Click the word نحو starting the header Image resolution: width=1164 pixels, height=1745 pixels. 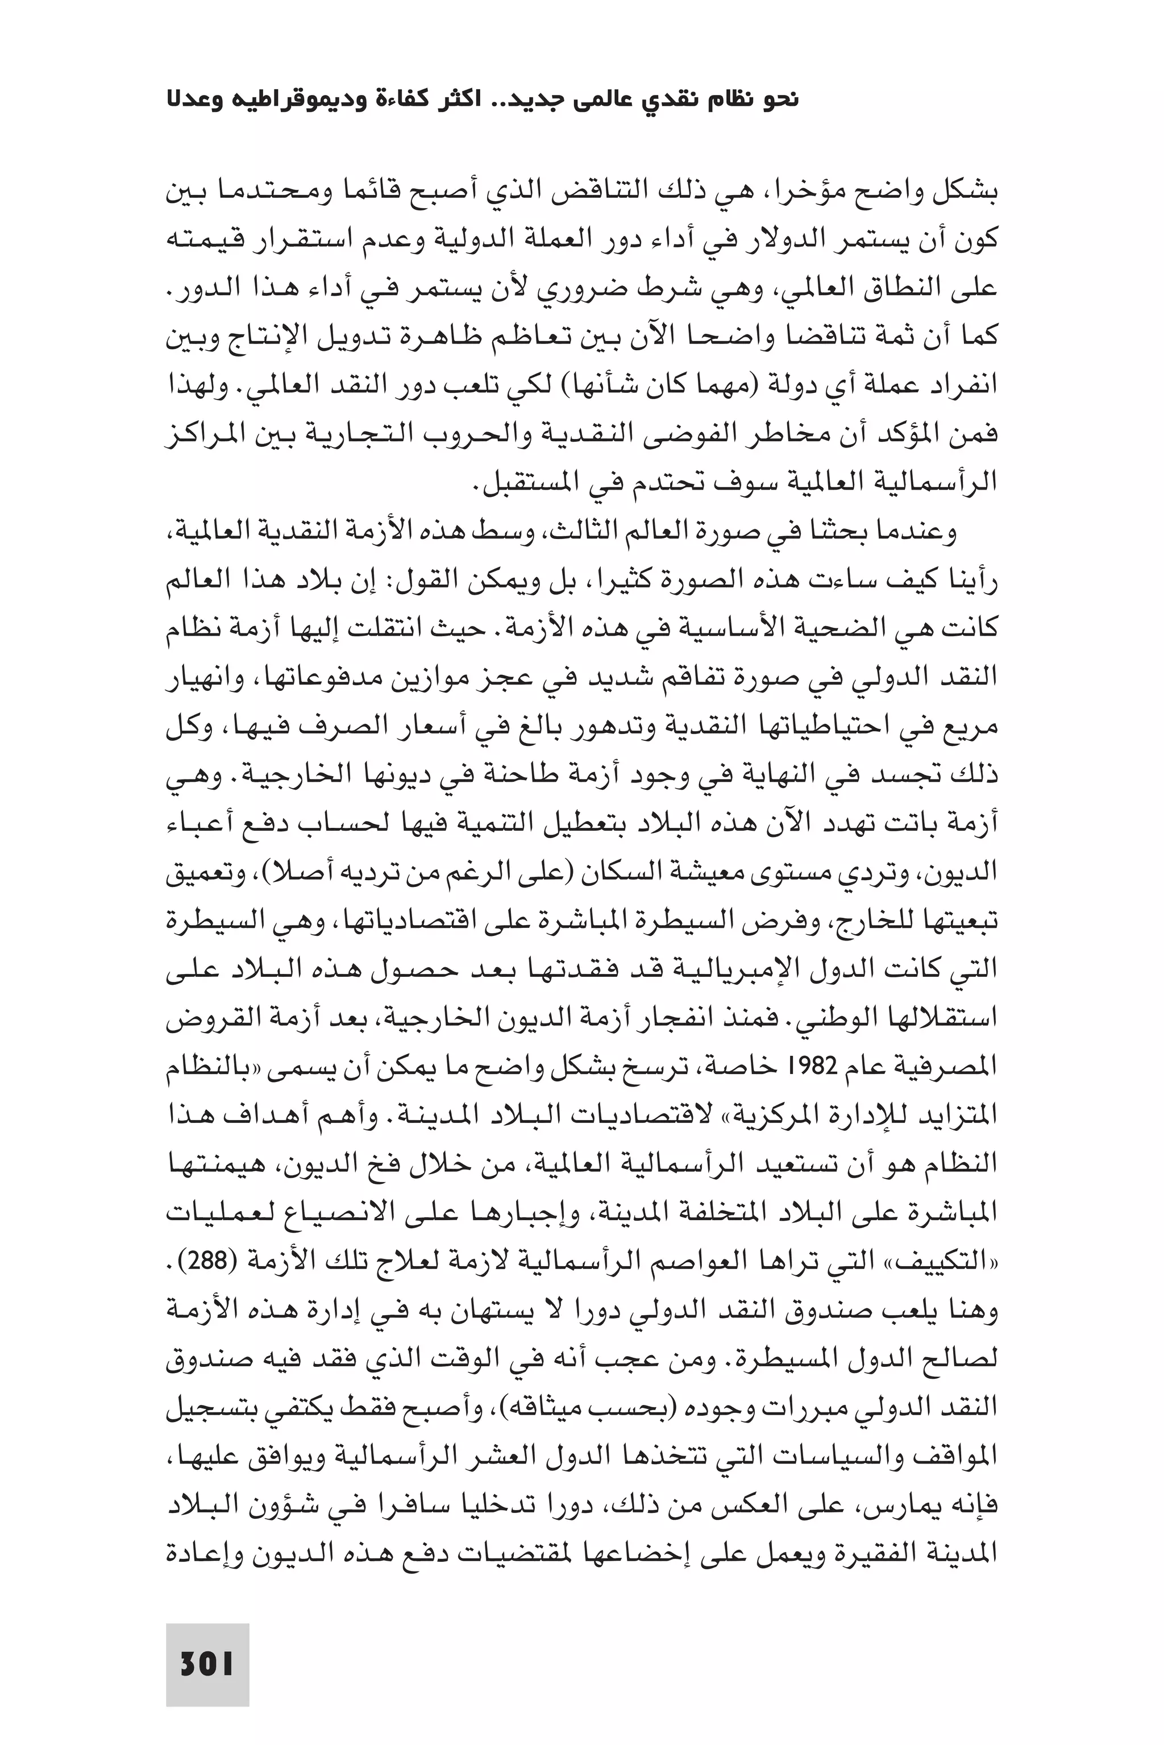click(779, 100)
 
